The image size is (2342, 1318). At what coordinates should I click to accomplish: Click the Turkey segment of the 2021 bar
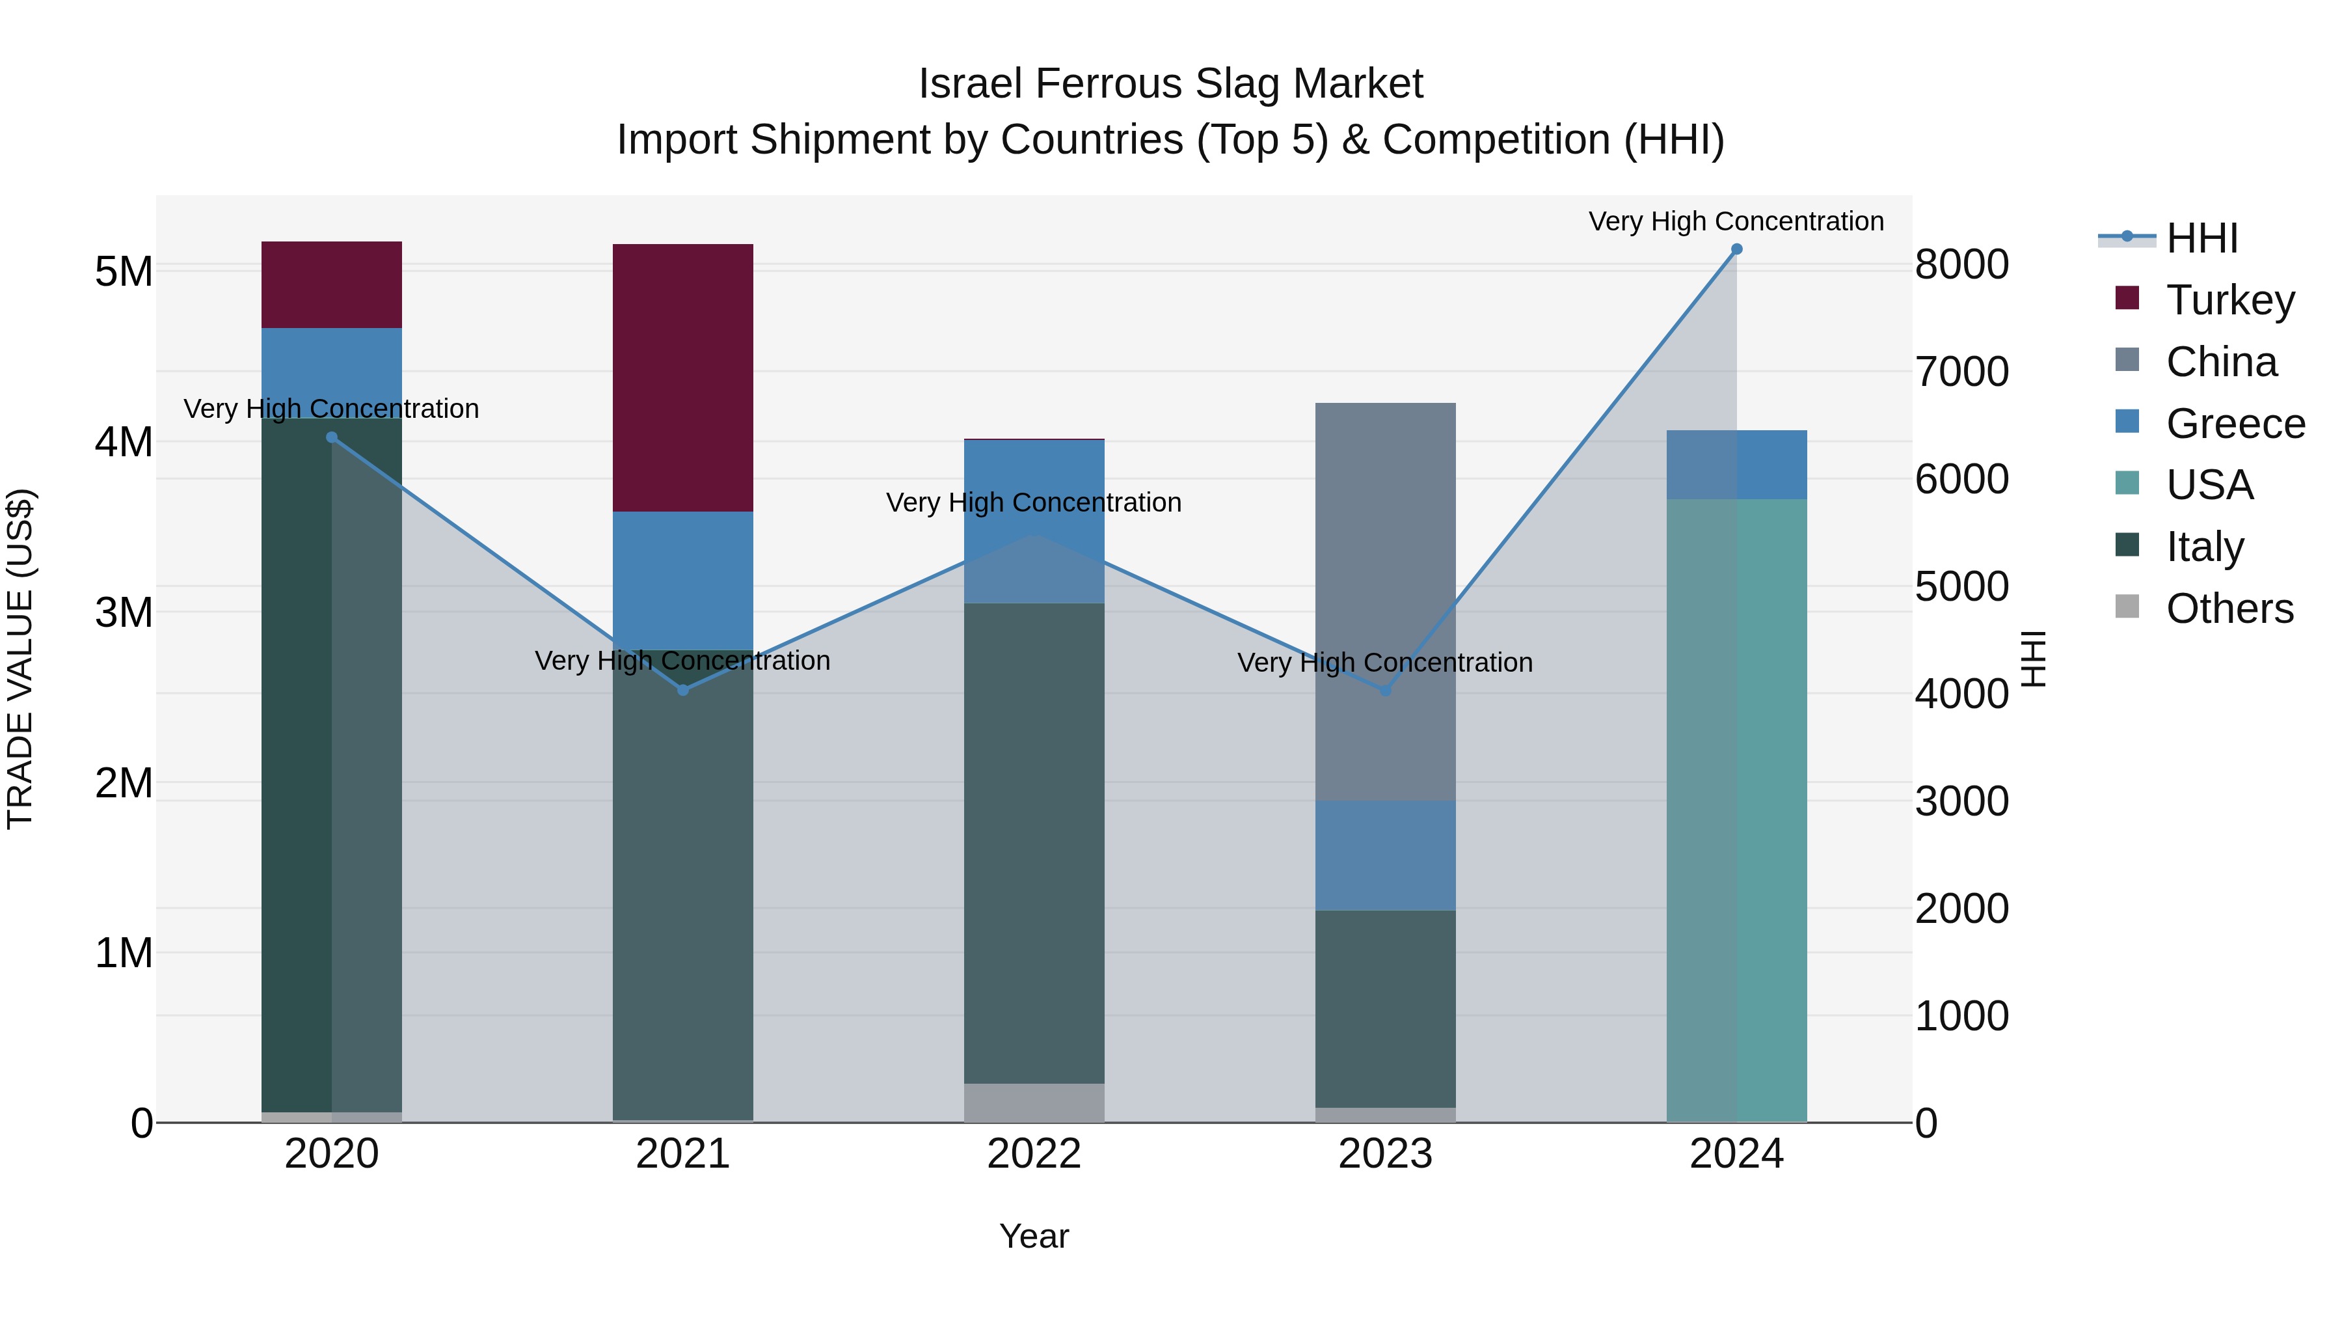coord(683,378)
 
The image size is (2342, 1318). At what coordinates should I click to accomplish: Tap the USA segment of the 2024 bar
coord(1736,810)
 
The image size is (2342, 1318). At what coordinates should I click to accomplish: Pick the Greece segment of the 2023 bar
coord(1384,855)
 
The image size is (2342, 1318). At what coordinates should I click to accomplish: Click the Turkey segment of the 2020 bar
coord(332,284)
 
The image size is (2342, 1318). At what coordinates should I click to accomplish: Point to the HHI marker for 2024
coord(1736,249)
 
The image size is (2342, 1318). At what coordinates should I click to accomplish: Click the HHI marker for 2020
coord(332,437)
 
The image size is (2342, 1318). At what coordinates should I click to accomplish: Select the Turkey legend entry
coord(2229,300)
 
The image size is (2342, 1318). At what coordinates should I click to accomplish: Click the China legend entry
coord(2220,362)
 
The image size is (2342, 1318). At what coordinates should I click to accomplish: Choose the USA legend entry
coord(2209,485)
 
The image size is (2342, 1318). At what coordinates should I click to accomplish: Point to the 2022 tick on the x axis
coord(1034,1154)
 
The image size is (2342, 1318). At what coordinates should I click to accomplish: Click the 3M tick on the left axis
coord(124,612)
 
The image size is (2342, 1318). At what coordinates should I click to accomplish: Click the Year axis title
coord(1034,1236)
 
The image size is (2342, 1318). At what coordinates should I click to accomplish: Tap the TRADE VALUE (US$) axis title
coord(20,659)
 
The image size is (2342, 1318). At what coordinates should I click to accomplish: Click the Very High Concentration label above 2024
coord(1736,221)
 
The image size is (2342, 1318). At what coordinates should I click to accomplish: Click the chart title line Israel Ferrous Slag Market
coord(1170,84)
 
